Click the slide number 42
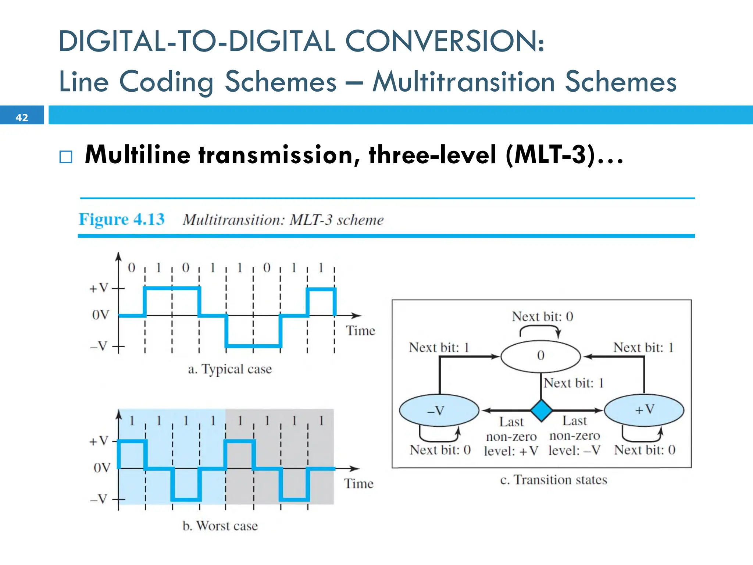point(22,117)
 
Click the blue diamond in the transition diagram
point(541,410)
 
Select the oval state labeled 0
point(540,356)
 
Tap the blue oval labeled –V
point(439,410)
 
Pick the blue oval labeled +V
point(644,409)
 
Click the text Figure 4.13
point(122,220)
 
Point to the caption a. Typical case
point(230,369)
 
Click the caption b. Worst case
point(220,526)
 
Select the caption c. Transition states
point(553,480)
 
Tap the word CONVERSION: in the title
point(445,41)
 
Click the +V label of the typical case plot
point(99,288)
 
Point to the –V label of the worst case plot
point(99,499)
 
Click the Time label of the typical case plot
point(360,331)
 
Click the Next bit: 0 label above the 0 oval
point(542,316)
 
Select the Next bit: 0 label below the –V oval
point(440,449)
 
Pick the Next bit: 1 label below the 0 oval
point(574,383)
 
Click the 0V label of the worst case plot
point(102,468)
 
